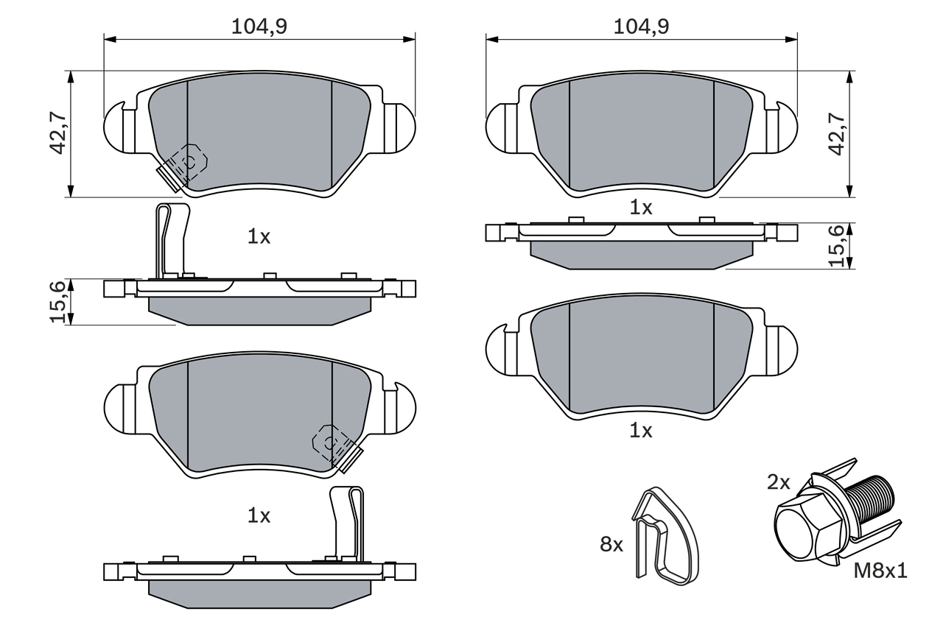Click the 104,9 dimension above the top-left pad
point(259,27)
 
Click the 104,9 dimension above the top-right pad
point(641,27)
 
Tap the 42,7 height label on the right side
point(836,133)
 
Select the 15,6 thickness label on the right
point(836,246)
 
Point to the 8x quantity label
point(611,545)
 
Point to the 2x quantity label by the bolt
point(778,483)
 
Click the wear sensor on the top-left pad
point(183,166)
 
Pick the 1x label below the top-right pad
point(641,208)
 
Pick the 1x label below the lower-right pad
point(641,431)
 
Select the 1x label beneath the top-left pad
point(259,237)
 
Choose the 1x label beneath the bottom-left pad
point(259,516)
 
